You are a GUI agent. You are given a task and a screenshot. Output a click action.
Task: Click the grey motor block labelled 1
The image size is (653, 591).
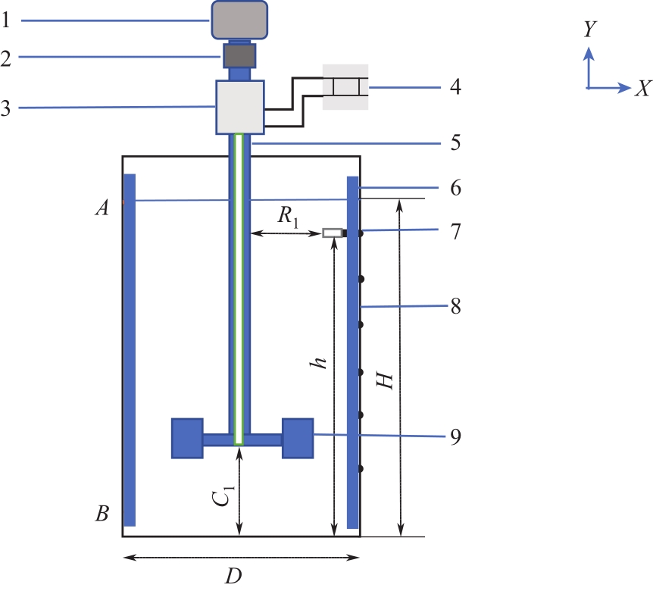point(239,20)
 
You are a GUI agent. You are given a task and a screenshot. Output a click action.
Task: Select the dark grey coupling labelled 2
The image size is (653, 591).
point(239,55)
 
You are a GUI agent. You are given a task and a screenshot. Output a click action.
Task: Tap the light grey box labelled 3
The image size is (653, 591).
point(239,106)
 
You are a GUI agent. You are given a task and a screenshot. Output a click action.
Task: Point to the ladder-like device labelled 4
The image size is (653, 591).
point(345,86)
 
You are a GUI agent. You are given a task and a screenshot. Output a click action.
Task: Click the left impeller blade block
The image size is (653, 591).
point(187,438)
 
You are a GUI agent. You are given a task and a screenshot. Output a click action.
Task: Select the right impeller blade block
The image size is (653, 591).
point(298,438)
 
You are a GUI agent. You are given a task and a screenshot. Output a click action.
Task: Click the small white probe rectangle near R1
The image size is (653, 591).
point(332,233)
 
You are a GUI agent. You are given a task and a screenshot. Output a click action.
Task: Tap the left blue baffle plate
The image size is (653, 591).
point(130,349)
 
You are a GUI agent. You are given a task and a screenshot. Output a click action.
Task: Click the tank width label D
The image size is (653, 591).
point(233,577)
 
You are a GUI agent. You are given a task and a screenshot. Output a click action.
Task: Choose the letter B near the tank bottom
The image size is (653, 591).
point(102,514)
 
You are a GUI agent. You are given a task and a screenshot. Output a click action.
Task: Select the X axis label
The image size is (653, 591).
point(642,89)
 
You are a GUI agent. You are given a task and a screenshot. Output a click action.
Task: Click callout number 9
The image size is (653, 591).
point(455,436)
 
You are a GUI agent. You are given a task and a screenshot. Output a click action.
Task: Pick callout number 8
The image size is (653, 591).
point(455,307)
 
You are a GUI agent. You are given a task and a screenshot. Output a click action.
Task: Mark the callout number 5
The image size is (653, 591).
point(455,142)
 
